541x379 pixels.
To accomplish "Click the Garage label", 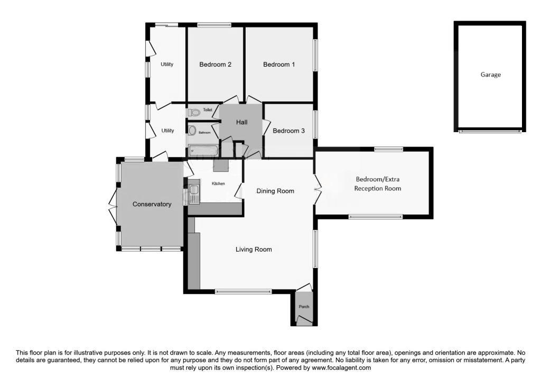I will [490, 75].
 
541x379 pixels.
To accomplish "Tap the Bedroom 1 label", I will [279, 64].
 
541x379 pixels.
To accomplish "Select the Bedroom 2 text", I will [215, 64].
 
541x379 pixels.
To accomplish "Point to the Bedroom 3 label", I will [288, 131].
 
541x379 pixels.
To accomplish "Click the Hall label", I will [242, 122].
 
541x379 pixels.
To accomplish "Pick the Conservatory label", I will [152, 204].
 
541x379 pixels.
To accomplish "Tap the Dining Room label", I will [275, 191].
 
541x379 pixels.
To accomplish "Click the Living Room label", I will [254, 249].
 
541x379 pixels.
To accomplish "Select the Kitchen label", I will [218, 183].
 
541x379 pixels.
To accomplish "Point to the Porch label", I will [304, 307].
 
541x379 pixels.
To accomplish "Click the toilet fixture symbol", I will [194, 112].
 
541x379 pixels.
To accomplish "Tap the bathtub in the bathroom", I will [203, 151].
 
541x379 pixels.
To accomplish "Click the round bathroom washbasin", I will [192, 131].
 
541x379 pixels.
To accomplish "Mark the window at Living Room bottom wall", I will [243, 291].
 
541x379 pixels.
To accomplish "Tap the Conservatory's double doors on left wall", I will [113, 207].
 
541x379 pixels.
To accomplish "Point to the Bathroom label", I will [204, 133].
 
